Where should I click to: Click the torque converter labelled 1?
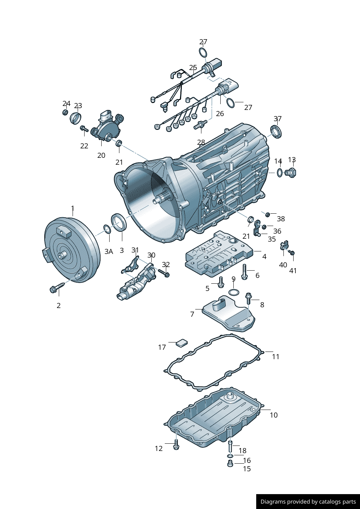point(71,250)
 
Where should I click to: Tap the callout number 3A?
point(109,251)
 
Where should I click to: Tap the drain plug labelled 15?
point(230,464)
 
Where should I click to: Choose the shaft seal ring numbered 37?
point(276,132)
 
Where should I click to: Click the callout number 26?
point(220,114)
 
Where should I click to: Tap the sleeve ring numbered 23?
point(75,118)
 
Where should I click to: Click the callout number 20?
point(101,155)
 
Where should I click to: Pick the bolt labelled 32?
point(164,273)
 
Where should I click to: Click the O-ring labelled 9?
point(233,292)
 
